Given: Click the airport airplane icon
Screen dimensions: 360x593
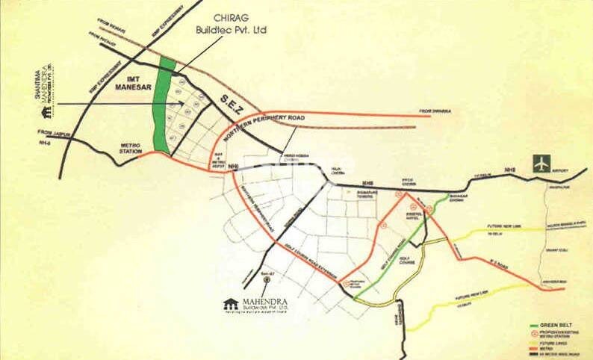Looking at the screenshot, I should click(x=541, y=163).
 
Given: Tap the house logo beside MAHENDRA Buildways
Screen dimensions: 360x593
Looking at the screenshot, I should click(x=231, y=303).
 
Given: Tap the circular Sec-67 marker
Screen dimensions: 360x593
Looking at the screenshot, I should click(x=256, y=281).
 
